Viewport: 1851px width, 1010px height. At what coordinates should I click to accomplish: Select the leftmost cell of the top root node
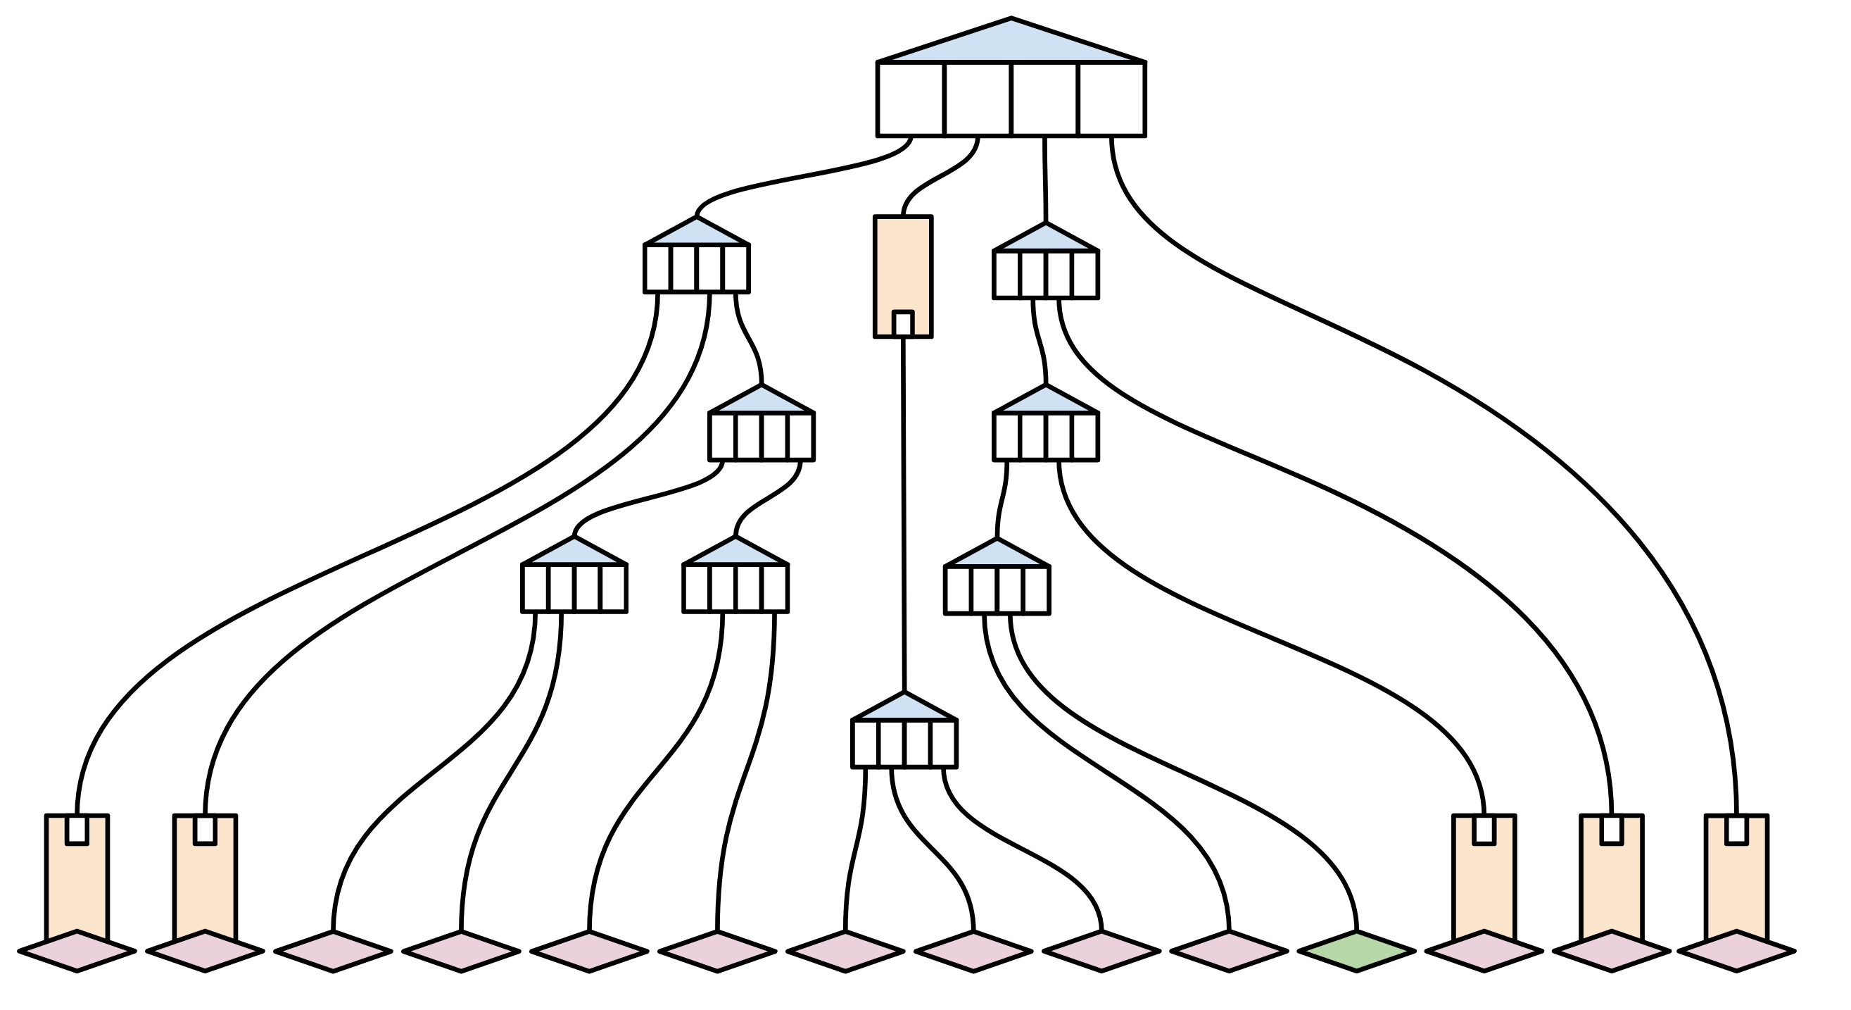[911, 99]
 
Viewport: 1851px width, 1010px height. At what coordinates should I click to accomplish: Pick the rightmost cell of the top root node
[1111, 99]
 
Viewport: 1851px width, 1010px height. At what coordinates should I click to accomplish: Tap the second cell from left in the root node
[978, 99]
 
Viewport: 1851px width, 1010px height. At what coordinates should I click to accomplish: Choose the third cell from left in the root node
[1044, 99]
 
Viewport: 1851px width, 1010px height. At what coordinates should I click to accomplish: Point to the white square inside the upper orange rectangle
[902, 323]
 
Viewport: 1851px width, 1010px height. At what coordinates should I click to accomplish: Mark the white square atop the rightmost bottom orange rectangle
[1737, 830]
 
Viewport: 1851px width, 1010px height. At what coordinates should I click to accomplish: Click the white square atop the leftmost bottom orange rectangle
[77, 830]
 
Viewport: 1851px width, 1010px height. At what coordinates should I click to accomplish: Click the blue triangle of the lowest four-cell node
[904, 709]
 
